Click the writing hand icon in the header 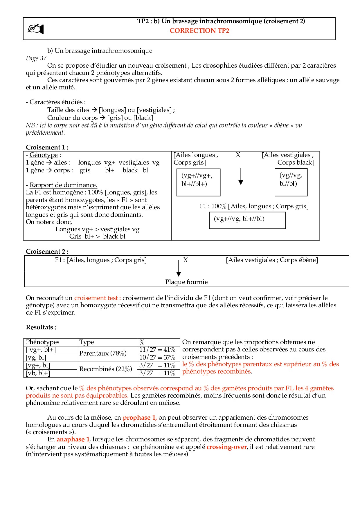pyautogui.click(x=35, y=29)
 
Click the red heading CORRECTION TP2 pyautogui.click(x=199, y=31)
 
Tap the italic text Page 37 pyautogui.click(x=36, y=58)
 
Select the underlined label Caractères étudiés pyautogui.click(x=56, y=102)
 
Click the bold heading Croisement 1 pyautogui.click(x=47, y=147)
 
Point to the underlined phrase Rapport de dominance pyautogui.click(x=63, y=185)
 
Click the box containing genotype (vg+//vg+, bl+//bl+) pyautogui.click(x=199, y=182)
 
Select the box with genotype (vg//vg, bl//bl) pyautogui.click(x=291, y=182)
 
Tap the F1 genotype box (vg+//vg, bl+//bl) pyautogui.click(x=247, y=220)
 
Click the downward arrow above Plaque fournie pyautogui.click(x=179, y=268)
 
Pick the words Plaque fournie pyautogui.click(x=186, y=282)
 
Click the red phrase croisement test pyautogui.click(x=97, y=298)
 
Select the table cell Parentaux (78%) pyautogui.click(x=103, y=353)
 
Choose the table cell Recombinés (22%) pyautogui.click(x=106, y=369)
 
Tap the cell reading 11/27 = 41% pyautogui.click(x=157, y=350)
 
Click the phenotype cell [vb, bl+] pyautogui.click(x=38, y=373)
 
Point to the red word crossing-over pyautogui.click(x=226, y=447)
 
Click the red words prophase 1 pyautogui.click(x=140, y=418)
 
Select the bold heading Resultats pyautogui.click(x=41, y=328)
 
